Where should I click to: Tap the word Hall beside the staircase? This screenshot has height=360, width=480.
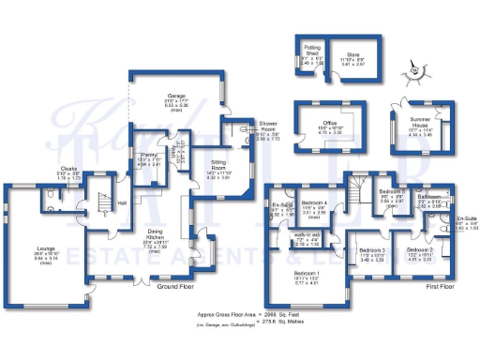tap(123, 201)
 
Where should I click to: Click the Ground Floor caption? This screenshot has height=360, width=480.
tap(174, 285)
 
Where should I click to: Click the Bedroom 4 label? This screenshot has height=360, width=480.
tap(315, 203)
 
